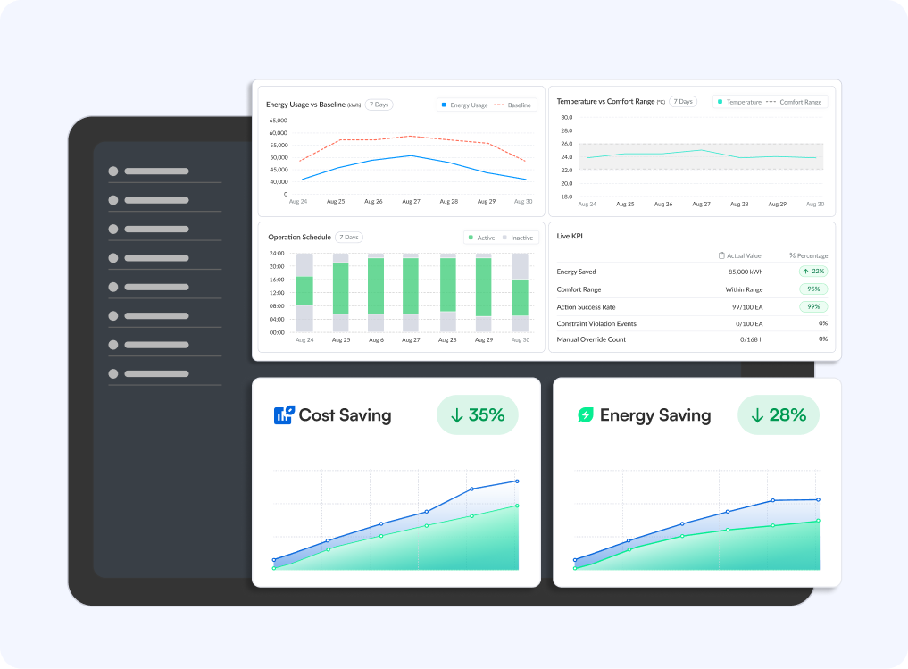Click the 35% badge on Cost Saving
(478, 415)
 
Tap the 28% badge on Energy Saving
(779, 415)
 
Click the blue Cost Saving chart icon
(283, 414)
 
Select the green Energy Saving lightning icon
(585, 414)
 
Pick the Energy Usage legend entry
(464, 105)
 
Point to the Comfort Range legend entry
(795, 102)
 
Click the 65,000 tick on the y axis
(278, 120)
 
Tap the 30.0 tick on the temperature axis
(566, 117)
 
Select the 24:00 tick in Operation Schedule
(276, 253)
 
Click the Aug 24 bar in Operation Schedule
(304, 292)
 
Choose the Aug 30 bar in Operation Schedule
(520, 292)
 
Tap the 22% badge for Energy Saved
(813, 272)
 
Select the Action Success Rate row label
(586, 306)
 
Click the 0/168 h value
(751, 339)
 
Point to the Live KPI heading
(570, 236)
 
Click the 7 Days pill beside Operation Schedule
(349, 238)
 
